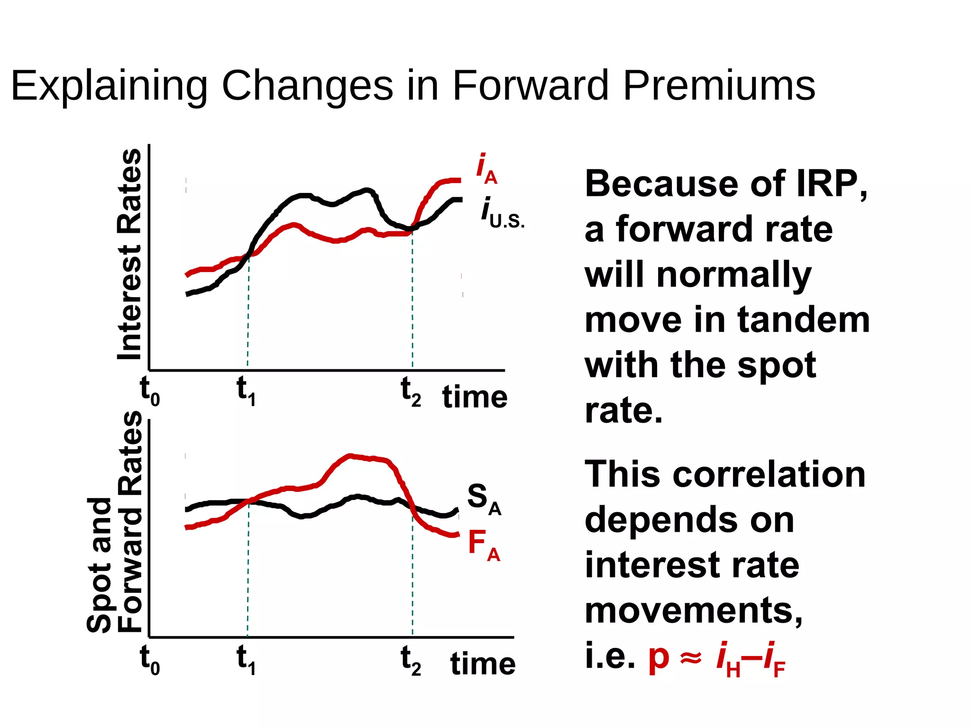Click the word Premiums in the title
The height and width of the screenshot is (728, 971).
(719, 86)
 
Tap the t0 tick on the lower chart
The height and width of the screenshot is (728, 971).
(150, 659)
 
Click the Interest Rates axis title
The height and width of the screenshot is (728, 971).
(129, 255)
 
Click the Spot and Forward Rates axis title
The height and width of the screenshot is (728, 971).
(114, 521)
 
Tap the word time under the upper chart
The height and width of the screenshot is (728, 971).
(475, 397)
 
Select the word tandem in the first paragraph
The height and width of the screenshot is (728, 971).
(804, 320)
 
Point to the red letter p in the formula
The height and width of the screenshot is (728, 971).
(659, 658)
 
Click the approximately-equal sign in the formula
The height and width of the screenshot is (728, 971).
(690, 658)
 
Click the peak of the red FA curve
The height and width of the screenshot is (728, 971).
(350, 456)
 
